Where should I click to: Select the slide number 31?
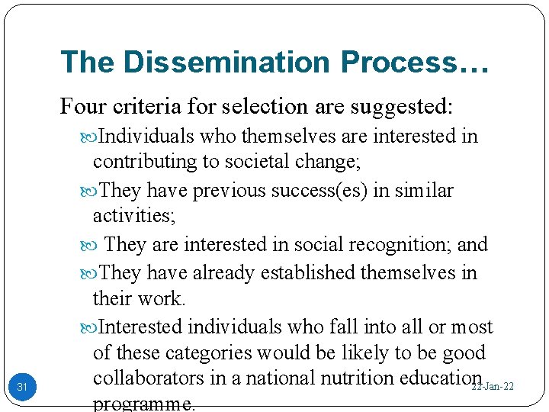point(22,388)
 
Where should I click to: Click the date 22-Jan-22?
point(493,387)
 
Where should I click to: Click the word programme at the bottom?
point(143,404)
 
